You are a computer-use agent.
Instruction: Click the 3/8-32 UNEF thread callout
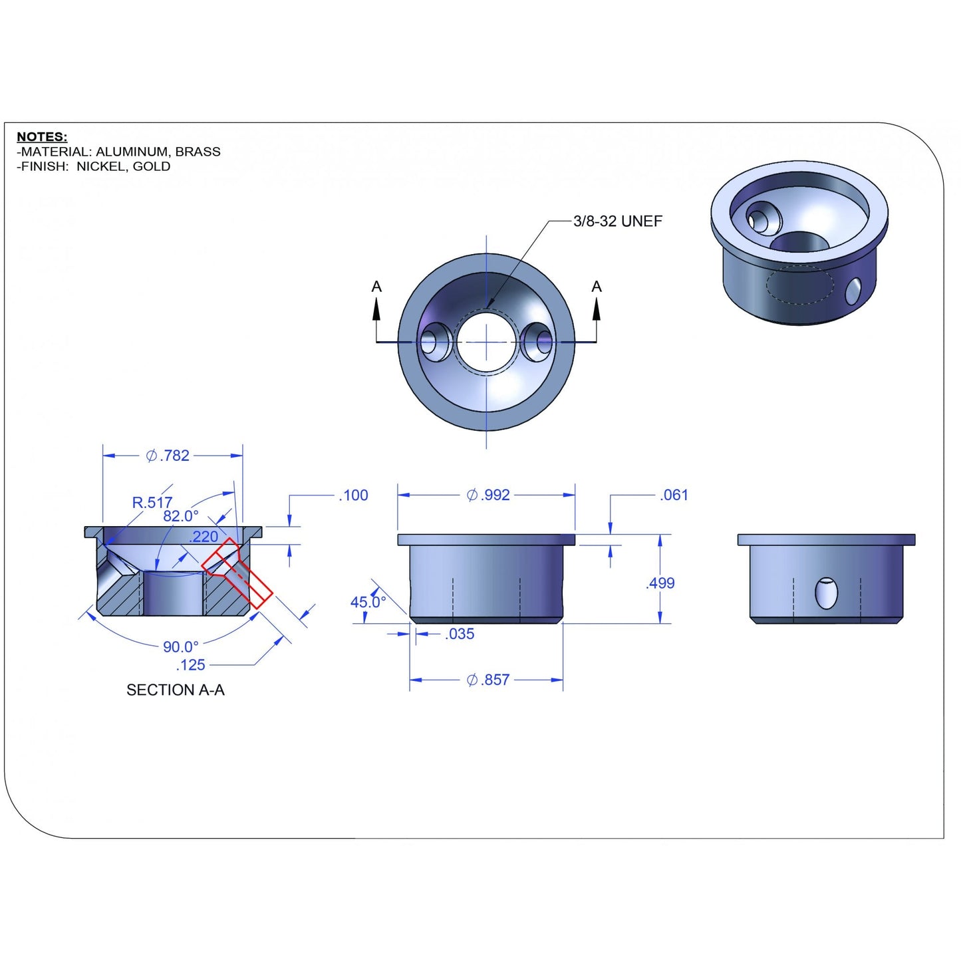[x=617, y=221]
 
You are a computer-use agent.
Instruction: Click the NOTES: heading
[x=42, y=136]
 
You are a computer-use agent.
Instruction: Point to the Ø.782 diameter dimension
[x=168, y=456]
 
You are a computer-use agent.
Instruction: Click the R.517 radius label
[x=152, y=502]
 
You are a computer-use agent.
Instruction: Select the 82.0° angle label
[x=180, y=515]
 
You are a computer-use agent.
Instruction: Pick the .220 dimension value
[x=204, y=537]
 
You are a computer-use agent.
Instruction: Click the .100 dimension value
[x=353, y=495]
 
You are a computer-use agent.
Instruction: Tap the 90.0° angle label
[x=180, y=647]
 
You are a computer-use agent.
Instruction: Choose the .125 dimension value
[x=190, y=665]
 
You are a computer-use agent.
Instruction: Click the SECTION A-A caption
[x=176, y=690]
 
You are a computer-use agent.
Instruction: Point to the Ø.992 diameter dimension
[x=488, y=495]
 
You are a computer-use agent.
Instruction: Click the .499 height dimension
[x=660, y=583]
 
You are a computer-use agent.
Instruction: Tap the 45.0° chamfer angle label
[x=368, y=602]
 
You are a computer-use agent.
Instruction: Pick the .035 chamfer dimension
[x=459, y=634]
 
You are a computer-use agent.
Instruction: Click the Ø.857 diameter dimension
[x=487, y=680]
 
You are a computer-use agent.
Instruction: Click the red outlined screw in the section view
[x=237, y=573]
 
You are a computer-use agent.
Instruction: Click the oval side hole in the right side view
[x=826, y=593]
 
